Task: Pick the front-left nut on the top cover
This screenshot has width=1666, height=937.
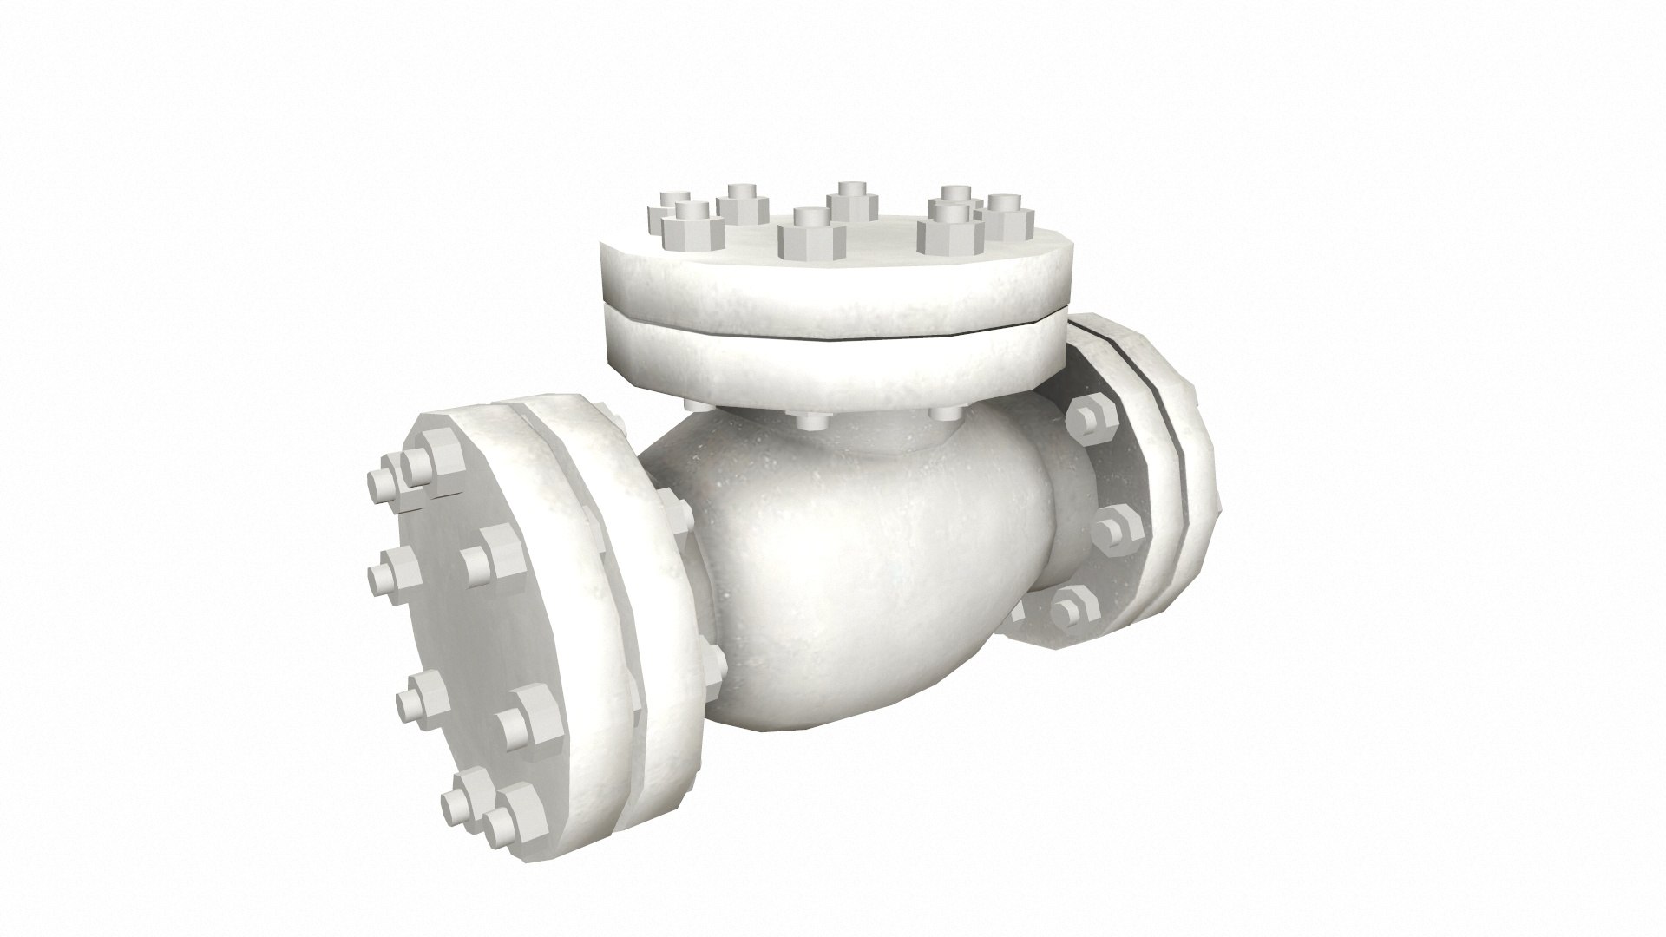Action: click(x=692, y=228)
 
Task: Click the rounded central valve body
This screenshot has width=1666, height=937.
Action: click(x=850, y=573)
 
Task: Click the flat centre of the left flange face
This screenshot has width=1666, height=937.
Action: click(x=451, y=633)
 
